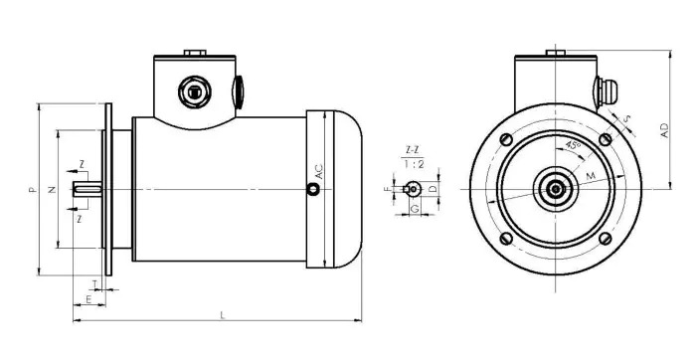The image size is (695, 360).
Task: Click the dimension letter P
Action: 32,188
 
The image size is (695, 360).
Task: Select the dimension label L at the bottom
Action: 222,314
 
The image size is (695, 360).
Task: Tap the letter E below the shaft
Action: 88,298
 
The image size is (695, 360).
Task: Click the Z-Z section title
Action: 412,150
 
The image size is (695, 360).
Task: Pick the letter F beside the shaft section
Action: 389,188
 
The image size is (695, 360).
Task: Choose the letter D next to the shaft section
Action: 433,188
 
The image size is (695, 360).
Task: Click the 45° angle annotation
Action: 573,145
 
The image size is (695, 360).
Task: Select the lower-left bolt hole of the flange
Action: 507,237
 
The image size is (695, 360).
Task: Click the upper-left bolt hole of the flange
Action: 507,138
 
